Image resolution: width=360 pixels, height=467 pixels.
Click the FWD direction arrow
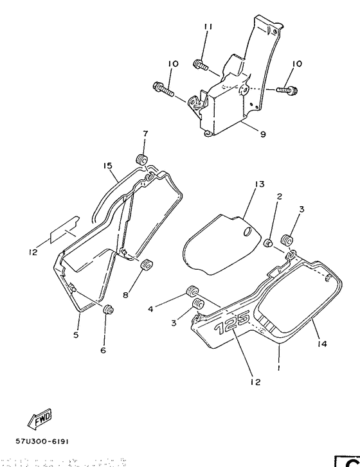tap(39, 418)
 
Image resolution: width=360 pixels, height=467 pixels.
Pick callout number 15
tap(108, 166)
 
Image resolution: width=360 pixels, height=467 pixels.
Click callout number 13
tap(258, 184)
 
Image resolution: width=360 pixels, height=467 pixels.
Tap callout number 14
tap(322, 344)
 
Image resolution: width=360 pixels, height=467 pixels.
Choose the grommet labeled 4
tap(190, 292)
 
